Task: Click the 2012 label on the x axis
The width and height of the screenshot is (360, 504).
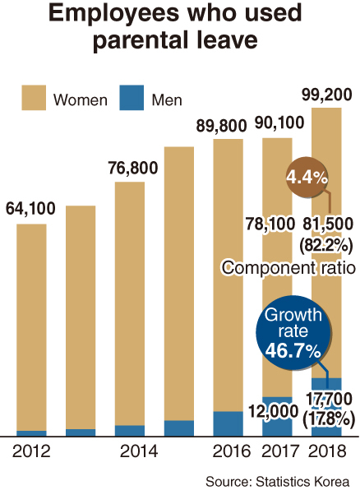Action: (31, 451)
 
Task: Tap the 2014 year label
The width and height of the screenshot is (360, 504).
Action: (139, 451)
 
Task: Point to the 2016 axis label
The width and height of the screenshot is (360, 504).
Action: (232, 451)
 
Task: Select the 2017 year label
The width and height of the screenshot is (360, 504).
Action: (280, 451)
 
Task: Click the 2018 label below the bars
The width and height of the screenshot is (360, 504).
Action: (327, 451)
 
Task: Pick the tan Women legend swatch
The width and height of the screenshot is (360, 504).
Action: (34, 98)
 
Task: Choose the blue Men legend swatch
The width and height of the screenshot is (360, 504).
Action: (132, 98)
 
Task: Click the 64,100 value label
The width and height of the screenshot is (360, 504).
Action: (30, 208)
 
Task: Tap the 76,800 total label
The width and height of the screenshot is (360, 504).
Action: (133, 168)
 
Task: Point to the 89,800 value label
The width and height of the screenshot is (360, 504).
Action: (221, 125)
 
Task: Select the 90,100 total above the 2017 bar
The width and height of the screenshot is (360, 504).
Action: (279, 123)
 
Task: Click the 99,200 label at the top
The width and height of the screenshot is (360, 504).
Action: (327, 95)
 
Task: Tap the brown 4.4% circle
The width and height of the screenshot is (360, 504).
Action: (307, 177)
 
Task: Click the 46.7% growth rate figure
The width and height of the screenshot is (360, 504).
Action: (293, 350)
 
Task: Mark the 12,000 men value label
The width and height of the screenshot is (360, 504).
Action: (274, 411)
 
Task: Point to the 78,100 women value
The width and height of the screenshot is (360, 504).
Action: (270, 224)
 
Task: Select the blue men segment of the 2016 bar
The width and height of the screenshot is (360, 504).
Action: (228, 423)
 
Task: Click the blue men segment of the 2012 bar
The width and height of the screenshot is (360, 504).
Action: (31, 433)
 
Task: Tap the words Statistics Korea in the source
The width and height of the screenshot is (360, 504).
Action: (302, 482)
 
